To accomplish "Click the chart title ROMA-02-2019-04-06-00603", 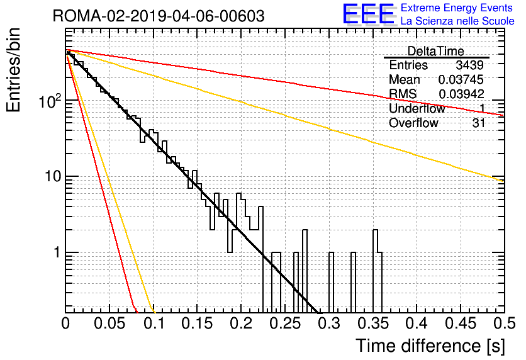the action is click(159, 16).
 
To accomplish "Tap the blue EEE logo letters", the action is click(369, 14).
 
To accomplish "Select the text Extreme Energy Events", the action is click(457, 8).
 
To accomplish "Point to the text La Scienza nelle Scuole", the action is click(457, 21).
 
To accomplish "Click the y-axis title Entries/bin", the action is click(13, 70).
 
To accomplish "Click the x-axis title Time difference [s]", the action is click(430, 346).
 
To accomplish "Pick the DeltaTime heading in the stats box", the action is click(436, 51).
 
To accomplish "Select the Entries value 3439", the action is click(469, 65).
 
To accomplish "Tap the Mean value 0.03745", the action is click(461, 79).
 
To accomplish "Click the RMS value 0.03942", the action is click(461, 94).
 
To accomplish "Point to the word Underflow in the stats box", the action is click(417, 108).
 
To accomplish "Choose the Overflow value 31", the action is click(479, 123).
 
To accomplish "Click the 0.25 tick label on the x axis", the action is click(285, 323).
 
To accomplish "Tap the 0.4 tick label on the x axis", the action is click(417, 323).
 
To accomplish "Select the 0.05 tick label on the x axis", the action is click(109, 323).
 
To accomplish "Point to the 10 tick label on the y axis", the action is click(53, 176).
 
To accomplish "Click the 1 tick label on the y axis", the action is click(57, 252).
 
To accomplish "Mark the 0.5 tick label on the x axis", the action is click(504, 323).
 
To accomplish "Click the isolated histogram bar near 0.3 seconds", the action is click(331, 282).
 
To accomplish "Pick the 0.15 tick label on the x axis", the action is click(198, 323).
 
